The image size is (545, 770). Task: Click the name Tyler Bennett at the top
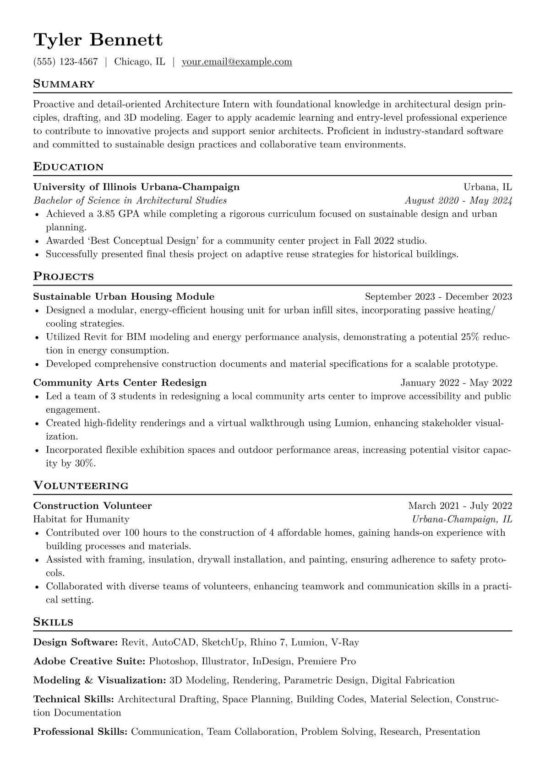pos(98,40)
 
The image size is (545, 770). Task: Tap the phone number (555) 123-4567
pos(65,62)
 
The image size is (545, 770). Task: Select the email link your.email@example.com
pos(237,62)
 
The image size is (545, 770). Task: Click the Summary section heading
pos(64,84)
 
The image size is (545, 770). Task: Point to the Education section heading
pos(69,167)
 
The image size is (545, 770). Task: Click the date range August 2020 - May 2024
pos(458,200)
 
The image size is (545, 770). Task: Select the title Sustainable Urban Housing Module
pos(124,296)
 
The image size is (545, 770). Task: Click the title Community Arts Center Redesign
pos(120,382)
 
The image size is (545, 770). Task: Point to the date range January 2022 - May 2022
pos(456,382)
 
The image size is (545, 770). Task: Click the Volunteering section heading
pos(81,486)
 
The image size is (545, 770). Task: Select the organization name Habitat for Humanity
pos(81,519)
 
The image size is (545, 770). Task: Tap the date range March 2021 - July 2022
pos(460,506)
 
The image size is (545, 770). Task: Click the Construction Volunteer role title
pos(93,506)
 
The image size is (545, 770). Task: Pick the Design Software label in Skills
pos(76,643)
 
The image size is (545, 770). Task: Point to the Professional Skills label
pos(80,732)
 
